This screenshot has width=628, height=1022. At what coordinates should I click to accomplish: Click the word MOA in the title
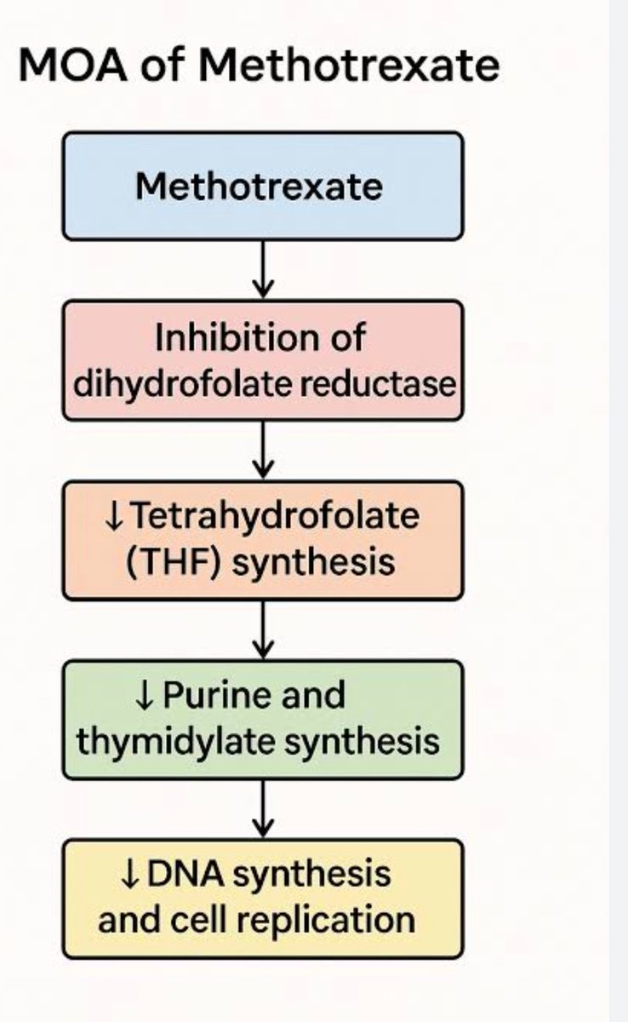(72, 66)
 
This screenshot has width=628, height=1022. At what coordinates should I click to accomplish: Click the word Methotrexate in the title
(349, 66)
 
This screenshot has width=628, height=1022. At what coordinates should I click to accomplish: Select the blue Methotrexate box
(263, 186)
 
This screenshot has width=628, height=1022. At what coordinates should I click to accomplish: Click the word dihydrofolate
(182, 385)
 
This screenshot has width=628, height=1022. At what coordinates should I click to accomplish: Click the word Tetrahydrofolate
(275, 516)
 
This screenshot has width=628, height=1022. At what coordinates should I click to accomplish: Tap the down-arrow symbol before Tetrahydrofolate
(113, 517)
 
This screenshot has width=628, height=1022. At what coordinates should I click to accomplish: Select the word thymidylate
(176, 743)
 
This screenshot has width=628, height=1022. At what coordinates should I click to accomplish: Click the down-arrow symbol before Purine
(145, 697)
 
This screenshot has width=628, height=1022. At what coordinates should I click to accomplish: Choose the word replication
(326, 921)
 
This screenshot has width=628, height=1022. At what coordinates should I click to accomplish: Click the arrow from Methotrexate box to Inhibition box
(263, 269)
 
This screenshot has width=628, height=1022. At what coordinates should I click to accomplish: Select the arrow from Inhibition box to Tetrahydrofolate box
(263, 450)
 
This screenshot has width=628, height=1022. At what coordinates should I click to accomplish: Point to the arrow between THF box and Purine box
(263, 629)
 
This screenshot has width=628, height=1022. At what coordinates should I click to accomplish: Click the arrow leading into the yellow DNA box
(263, 809)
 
